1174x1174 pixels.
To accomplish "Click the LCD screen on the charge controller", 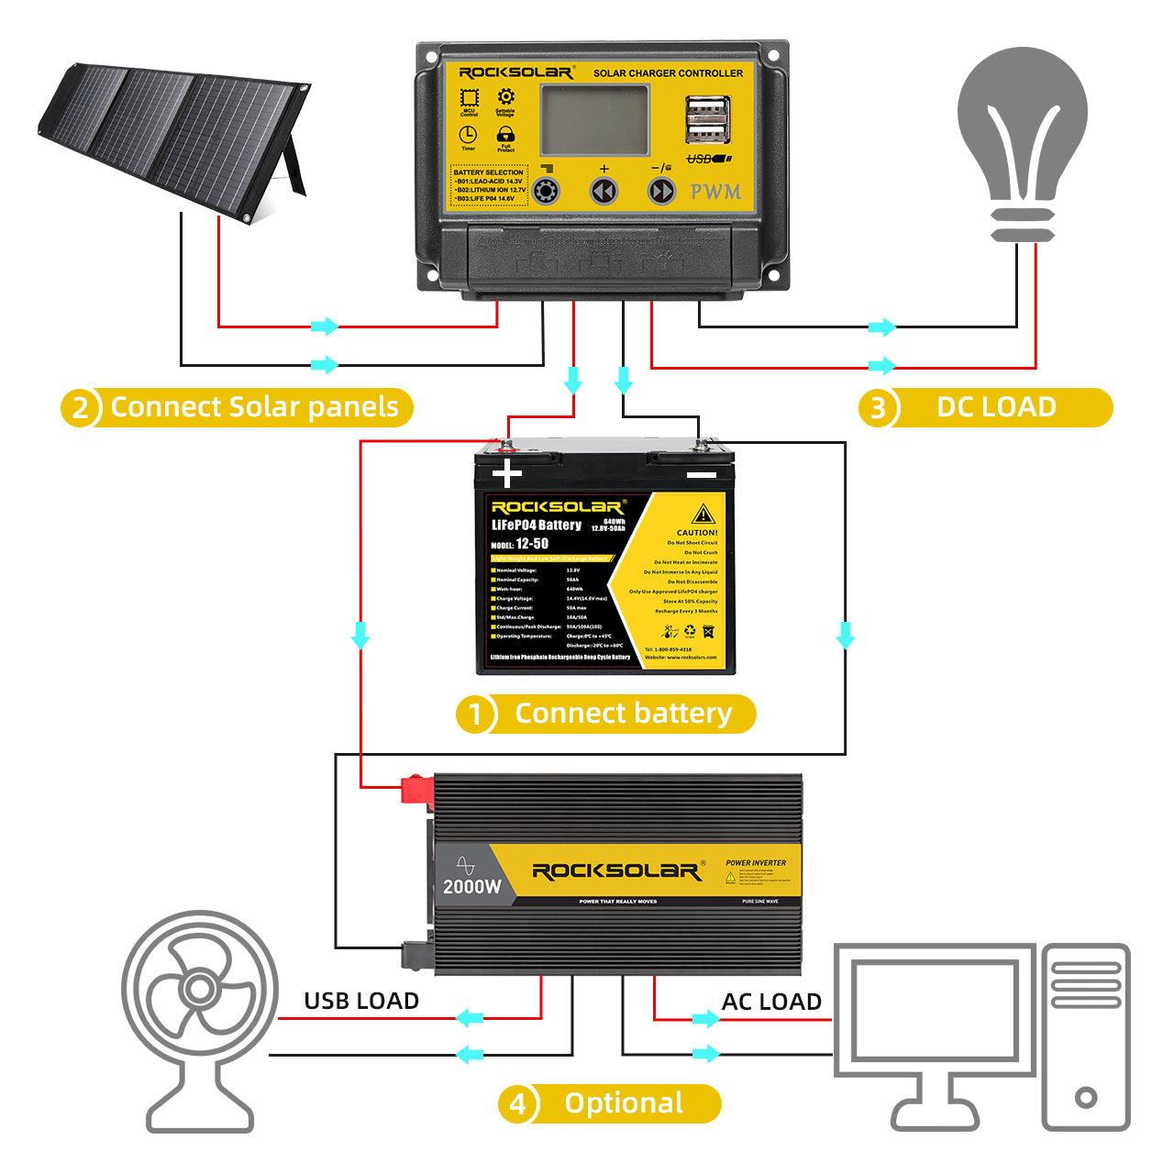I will coord(594,120).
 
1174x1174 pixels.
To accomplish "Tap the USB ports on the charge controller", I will coord(708,121).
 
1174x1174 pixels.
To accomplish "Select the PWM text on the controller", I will coord(715,192).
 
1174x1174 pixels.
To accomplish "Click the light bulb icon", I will coord(1022,138).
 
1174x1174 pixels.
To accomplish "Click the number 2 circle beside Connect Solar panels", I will coord(81,407).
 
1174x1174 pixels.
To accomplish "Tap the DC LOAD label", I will coord(996,407).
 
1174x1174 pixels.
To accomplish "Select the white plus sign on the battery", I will coord(506,473).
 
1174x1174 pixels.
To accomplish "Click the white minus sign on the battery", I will coord(701,474).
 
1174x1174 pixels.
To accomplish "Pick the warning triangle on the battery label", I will coord(703,515).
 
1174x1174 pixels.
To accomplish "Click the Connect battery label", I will coord(623,714).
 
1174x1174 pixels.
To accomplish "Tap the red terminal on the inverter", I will coord(416,790).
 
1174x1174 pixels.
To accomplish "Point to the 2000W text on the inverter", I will coord(472,887).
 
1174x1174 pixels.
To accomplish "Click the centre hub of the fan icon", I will coord(198,989).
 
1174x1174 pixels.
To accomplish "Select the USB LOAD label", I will coord(361,1001).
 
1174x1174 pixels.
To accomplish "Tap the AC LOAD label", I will coord(771,1002).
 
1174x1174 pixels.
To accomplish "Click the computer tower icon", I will coord(1086,1036).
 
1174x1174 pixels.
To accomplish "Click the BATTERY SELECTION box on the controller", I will coord(488,185).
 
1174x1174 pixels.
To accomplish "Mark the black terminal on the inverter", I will coord(417,955).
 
